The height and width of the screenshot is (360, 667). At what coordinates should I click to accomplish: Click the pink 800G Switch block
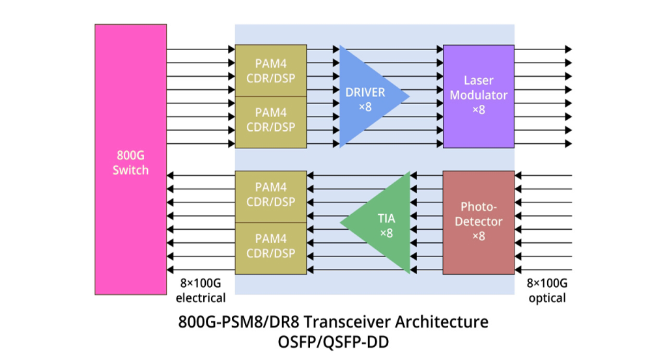[x=130, y=159]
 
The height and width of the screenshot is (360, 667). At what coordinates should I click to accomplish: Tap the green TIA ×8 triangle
[x=384, y=223]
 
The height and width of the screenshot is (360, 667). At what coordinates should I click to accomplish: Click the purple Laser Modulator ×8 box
[x=479, y=96]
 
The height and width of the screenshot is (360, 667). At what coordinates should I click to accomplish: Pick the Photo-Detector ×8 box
[x=479, y=222]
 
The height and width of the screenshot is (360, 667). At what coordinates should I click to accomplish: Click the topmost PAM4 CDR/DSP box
[x=270, y=70]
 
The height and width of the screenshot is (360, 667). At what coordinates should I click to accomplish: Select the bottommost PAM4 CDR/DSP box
[x=270, y=247]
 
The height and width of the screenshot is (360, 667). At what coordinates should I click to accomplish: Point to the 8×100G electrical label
[x=201, y=291]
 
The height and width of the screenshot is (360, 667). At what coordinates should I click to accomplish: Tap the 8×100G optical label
[x=546, y=291]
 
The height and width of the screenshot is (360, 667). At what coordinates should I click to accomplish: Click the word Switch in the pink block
[x=130, y=171]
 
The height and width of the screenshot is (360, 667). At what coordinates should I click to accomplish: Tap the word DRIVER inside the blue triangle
[x=365, y=92]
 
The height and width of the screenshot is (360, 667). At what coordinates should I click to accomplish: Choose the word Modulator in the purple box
[x=479, y=95]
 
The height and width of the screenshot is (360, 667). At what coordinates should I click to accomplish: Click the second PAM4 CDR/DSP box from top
[x=270, y=120]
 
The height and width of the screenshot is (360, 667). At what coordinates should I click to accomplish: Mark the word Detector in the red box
[x=479, y=222]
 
